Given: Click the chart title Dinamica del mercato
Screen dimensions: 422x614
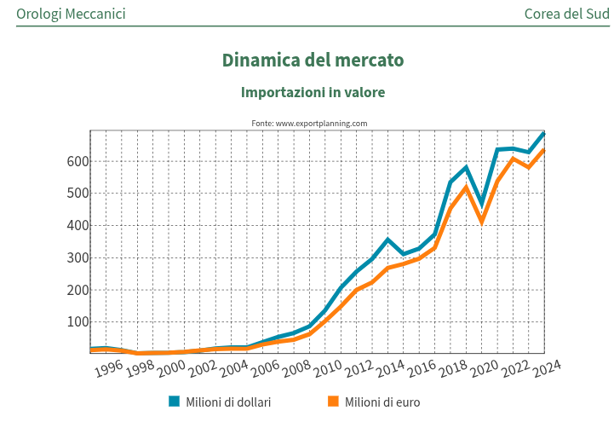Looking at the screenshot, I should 313,61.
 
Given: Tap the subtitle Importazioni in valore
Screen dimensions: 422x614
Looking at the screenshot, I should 313,92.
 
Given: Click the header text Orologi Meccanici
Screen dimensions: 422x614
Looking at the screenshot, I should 71,14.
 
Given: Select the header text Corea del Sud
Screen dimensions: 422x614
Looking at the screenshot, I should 566,14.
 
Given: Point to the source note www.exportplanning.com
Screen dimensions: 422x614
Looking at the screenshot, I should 309,124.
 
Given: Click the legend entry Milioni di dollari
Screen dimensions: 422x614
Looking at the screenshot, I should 228,402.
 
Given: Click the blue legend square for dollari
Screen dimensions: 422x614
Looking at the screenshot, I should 175,402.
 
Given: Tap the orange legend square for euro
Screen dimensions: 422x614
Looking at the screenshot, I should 333,402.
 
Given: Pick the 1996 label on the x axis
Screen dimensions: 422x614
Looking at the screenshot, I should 109,368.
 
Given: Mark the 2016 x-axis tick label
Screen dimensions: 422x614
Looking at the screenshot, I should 422,368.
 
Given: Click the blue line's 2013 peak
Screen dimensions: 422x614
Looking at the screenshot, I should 388,240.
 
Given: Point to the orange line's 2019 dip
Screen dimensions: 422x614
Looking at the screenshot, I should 482,221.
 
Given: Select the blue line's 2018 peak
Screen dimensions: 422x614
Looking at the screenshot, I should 466,167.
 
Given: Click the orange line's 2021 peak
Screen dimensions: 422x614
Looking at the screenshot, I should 513,159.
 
